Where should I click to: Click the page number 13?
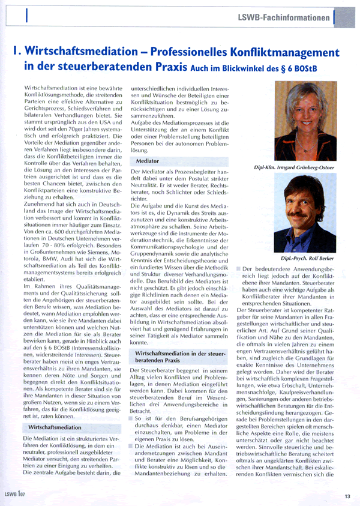pos(347,496)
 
